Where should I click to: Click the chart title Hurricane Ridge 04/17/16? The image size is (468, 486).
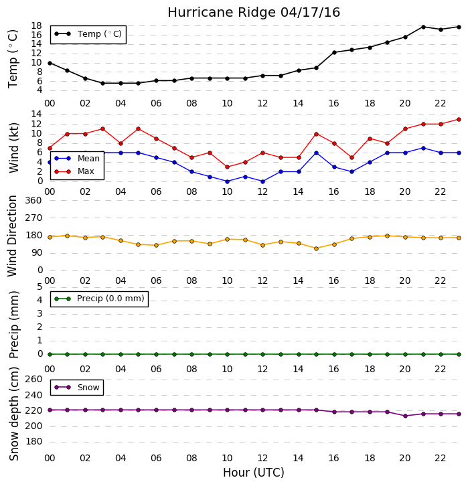pos(254,13)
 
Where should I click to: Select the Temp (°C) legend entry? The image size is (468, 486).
pos(88,33)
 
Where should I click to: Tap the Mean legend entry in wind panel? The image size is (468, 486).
pos(77,159)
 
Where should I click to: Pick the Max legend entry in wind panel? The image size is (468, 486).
pos(74,171)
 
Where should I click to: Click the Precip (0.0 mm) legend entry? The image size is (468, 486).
pos(99,299)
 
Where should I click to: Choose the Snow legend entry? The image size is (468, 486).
pos(77,388)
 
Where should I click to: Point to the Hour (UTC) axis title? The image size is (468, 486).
pos(254,473)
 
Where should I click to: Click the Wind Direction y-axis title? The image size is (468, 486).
pos(13,236)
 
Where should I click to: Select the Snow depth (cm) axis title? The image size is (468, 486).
pos(14,414)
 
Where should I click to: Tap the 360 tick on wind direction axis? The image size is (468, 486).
pos(33,201)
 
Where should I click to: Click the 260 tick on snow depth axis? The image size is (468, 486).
pos(33,380)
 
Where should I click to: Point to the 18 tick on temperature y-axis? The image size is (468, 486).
pos(36,25)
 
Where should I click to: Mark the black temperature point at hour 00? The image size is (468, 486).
pos(50,63)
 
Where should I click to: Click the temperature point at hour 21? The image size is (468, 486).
pos(423,27)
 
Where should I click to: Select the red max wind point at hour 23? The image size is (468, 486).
pos(459,119)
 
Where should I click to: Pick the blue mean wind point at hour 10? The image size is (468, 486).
pos(227,181)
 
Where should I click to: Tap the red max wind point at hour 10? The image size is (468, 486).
pos(227,167)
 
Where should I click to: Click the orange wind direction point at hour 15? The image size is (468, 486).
pos(316,248)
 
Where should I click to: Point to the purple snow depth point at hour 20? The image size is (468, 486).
pos(405,416)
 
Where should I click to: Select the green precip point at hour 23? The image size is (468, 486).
pos(459,354)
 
